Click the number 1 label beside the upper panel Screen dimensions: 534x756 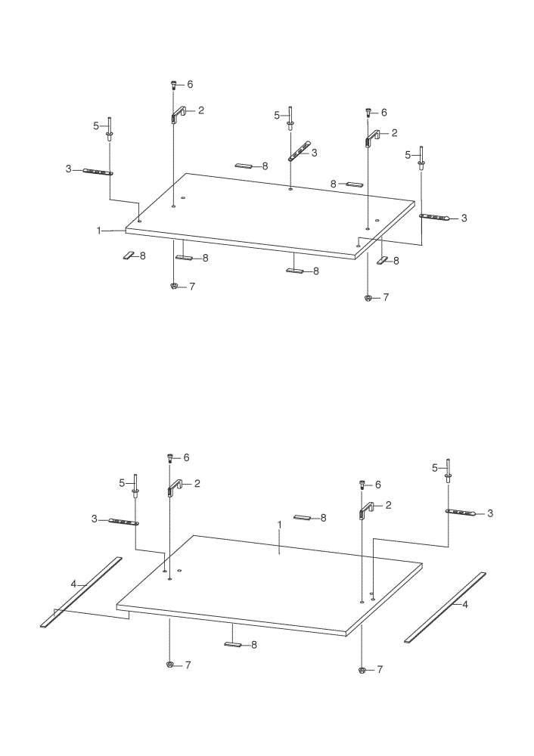coord(99,231)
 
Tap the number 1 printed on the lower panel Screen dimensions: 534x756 coord(279,524)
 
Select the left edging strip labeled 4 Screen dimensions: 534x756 coord(81,592)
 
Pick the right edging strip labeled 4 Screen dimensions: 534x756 coord(445,607)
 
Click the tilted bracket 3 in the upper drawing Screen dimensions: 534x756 coord(300,151)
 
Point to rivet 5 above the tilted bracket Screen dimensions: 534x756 coord(290,118)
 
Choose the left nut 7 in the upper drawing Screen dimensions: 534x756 coord(174,287)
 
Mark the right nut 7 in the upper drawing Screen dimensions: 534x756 coord(368,297)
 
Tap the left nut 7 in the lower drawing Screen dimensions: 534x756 coord(169,665)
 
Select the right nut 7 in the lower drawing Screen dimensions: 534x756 coord(362,670)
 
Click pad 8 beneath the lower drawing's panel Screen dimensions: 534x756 coord(232,644)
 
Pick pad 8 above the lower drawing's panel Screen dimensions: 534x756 coord(302,518)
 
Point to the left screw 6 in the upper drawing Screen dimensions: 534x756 coord(174,85)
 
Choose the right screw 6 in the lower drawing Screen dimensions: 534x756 coord(362,484)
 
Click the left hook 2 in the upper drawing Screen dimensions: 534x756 coord(178,114)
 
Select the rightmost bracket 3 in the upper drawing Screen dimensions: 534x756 coord(435,217)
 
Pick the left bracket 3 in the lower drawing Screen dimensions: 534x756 coord(124,522)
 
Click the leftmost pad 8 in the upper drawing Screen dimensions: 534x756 coord(129,256)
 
